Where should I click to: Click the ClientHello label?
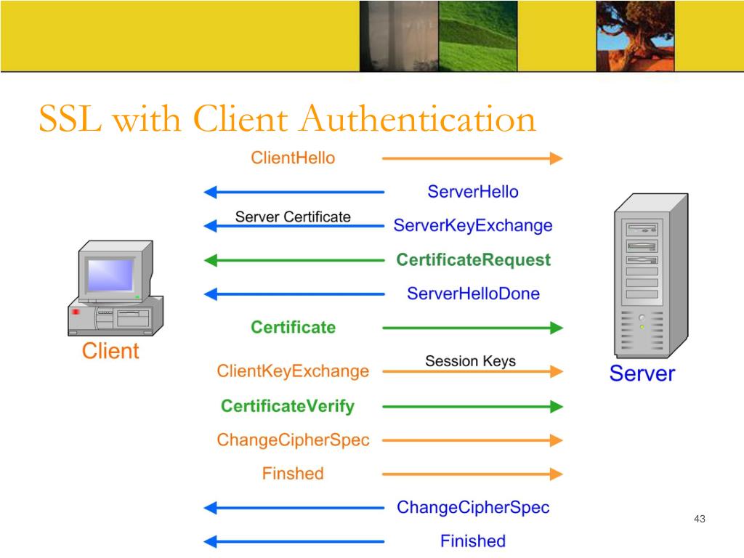(x=293, y=158)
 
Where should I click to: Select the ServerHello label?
(x=473, y=192)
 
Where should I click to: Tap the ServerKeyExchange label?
(x=473, y=225)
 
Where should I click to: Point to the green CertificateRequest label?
(x=473, y=259)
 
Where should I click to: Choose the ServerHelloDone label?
(x=473, y=294)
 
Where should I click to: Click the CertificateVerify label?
(x=288, y=405)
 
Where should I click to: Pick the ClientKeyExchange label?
(x=293, y=371)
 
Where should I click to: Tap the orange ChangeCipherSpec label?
(x=293, y=440)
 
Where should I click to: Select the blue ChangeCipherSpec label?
(x=473, y=507)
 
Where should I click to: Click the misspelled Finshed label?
(x=293, y=474)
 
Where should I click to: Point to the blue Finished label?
(x=473, y=541)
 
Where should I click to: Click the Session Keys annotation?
(x=470, y=360)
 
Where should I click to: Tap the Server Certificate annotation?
(x=293, y=217)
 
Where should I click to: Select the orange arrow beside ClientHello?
(x=472, y=158)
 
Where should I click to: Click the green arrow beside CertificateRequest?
(x=294, y=259)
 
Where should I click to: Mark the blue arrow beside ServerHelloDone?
(x=294, y=294)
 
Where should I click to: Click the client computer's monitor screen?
(x=110, y=275)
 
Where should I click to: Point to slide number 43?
(x=700, y=519)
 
